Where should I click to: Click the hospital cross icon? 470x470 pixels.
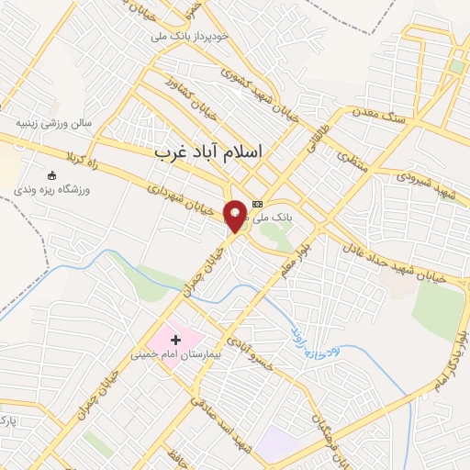click(x=176, y=340)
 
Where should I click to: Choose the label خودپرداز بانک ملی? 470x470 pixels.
click(x=200, y=38)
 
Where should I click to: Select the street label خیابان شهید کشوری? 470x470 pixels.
click(x=260, y=85)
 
